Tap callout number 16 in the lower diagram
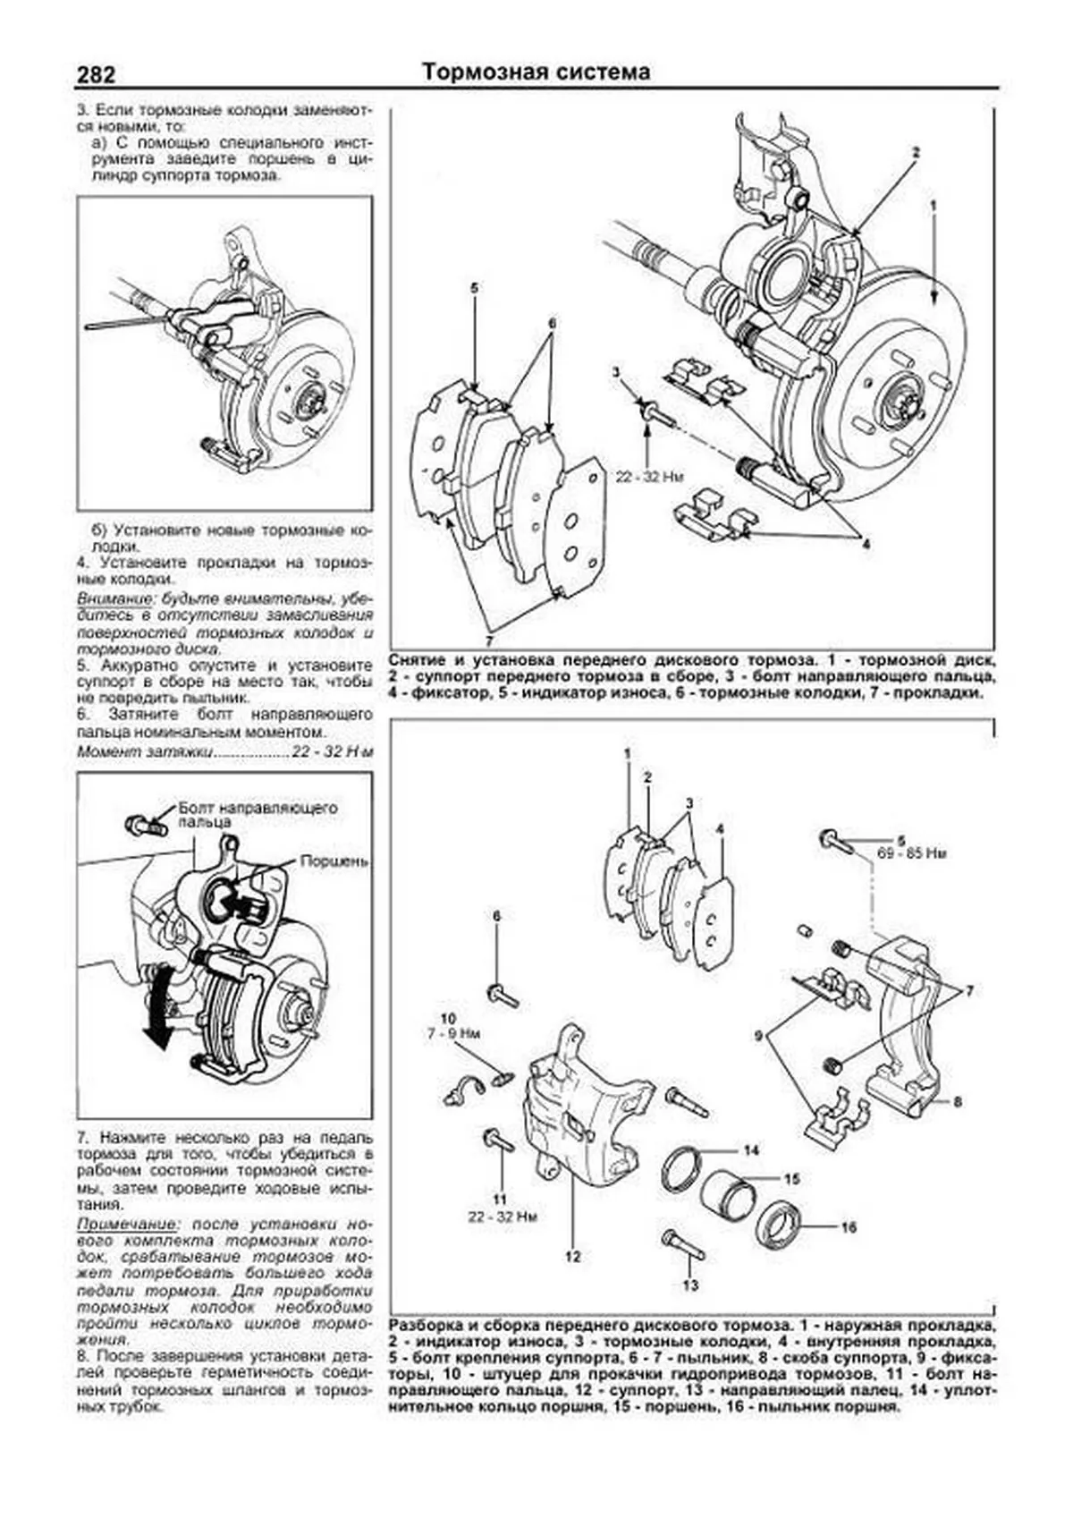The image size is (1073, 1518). [x=849, y=1226]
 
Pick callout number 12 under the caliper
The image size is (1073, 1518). [x=572, y=1256]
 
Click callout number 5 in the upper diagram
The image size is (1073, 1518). [x=474, y=288]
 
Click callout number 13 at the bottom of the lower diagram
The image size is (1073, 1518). [x=690, y=1285]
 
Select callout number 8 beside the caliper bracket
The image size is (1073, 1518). [x=957, y=1102]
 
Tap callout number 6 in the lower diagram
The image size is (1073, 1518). [x=497, y=916]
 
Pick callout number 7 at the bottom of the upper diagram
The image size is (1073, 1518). [x=489, y=640]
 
